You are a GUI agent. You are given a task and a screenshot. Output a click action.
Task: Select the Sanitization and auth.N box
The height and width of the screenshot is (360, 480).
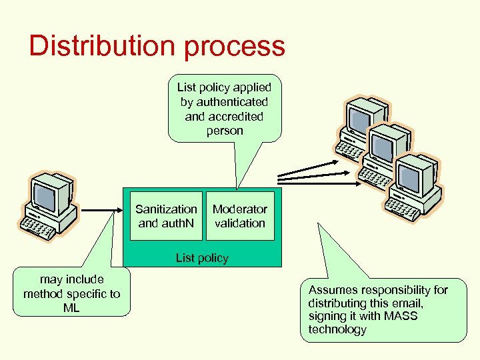[x=166, y=217]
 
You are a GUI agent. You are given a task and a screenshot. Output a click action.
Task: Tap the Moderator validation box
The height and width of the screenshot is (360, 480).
[x=240, y=217]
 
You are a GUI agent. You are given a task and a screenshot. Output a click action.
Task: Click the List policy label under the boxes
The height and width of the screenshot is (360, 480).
[x=202, y=258]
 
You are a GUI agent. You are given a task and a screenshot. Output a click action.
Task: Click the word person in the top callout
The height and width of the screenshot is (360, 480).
[x=225, y=131]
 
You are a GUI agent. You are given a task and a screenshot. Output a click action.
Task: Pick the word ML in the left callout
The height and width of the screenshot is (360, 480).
[x=71, y=307]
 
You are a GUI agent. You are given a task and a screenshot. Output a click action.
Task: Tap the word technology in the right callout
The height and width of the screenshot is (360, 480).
[x=337, y=329]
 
